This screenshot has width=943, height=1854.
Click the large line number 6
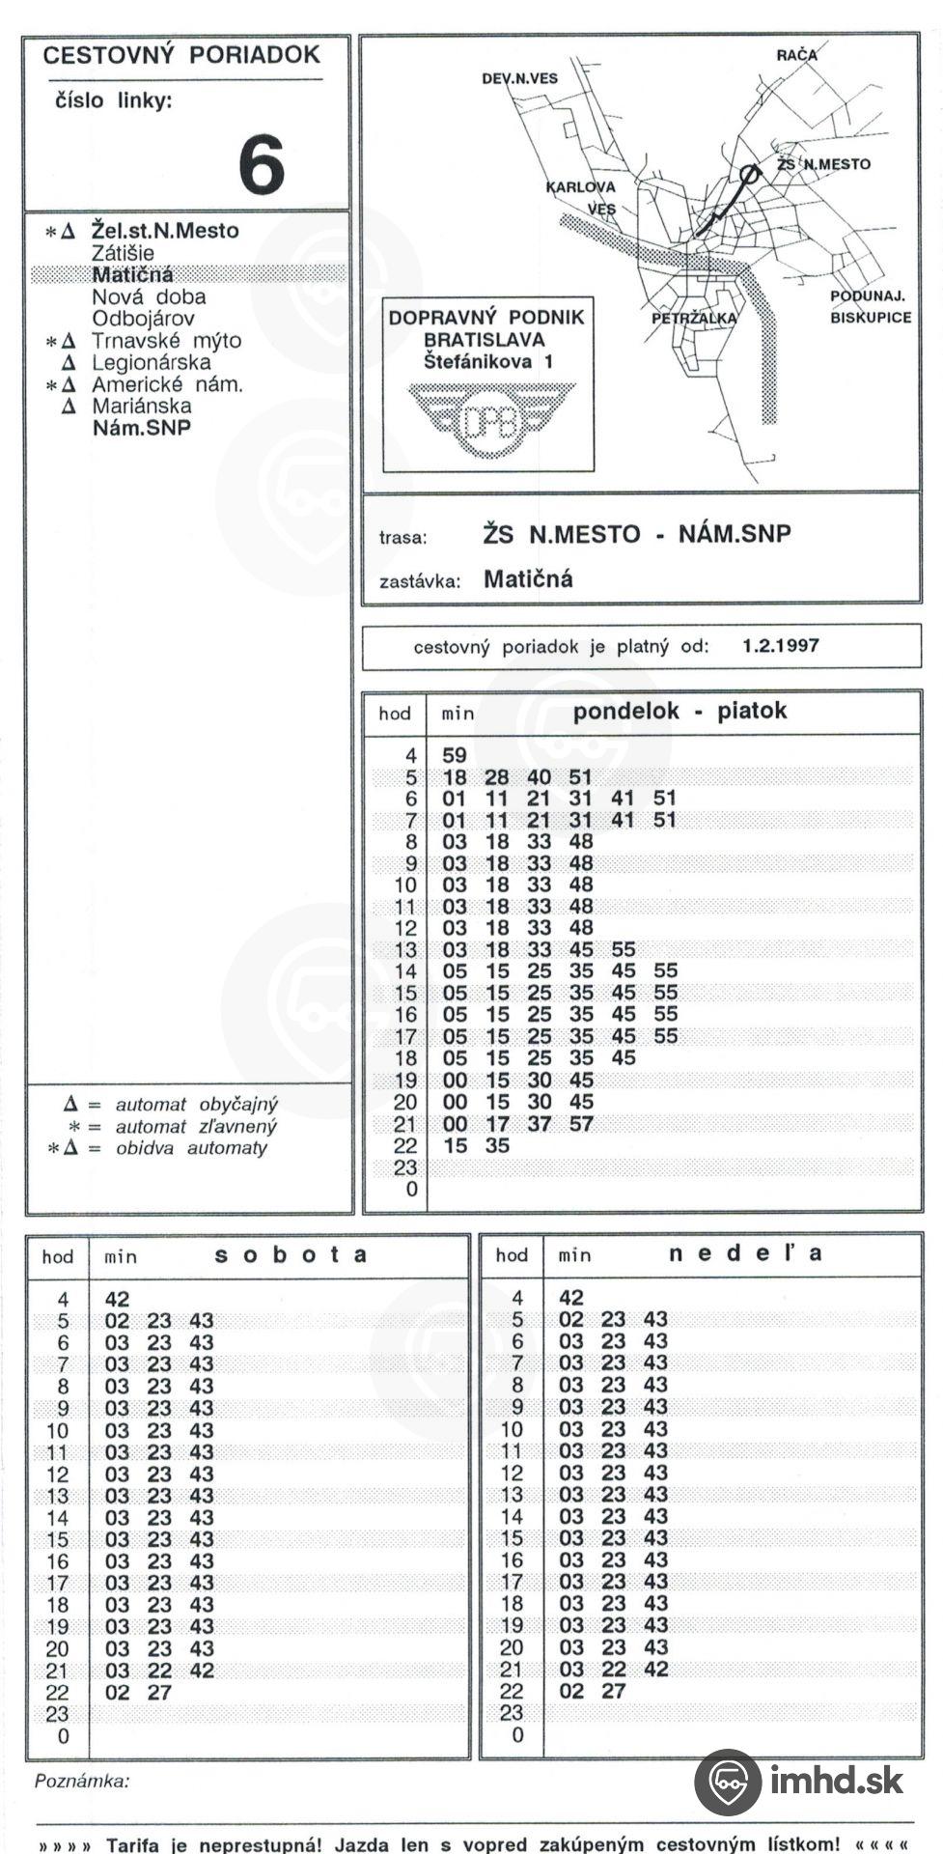[x=262, y=165]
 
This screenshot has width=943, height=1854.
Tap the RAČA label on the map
[x=796, y=56]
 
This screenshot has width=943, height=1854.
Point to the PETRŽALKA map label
[x=693, y=318]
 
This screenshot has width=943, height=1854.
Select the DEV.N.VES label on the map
[x=519, y=78]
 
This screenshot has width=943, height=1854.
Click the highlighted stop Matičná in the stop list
[x=132, y=274]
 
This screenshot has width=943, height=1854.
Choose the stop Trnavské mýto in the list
[x=166, y=341]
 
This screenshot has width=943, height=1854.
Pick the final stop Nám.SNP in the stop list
[x=141, y=428]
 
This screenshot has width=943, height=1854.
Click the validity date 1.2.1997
[x=780, y=646]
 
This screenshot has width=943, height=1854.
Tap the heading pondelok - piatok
[x=680, y=712]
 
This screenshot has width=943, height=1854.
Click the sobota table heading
[x=291, y=1254]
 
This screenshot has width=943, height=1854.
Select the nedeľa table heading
[x=745, y=1253]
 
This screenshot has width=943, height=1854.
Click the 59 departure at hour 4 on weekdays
[x=454, y=756]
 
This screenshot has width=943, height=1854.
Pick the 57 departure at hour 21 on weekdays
[x=581, y=1124]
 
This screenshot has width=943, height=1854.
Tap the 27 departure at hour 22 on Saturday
[x=159, y=1693]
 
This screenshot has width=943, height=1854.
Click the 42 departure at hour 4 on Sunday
[x=571, y=1298]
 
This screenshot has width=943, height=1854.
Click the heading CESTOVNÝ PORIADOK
[x=181, y=55]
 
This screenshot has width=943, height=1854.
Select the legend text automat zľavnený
[x=196, y=1126]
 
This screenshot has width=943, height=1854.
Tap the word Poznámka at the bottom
[x=82, y=1782]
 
